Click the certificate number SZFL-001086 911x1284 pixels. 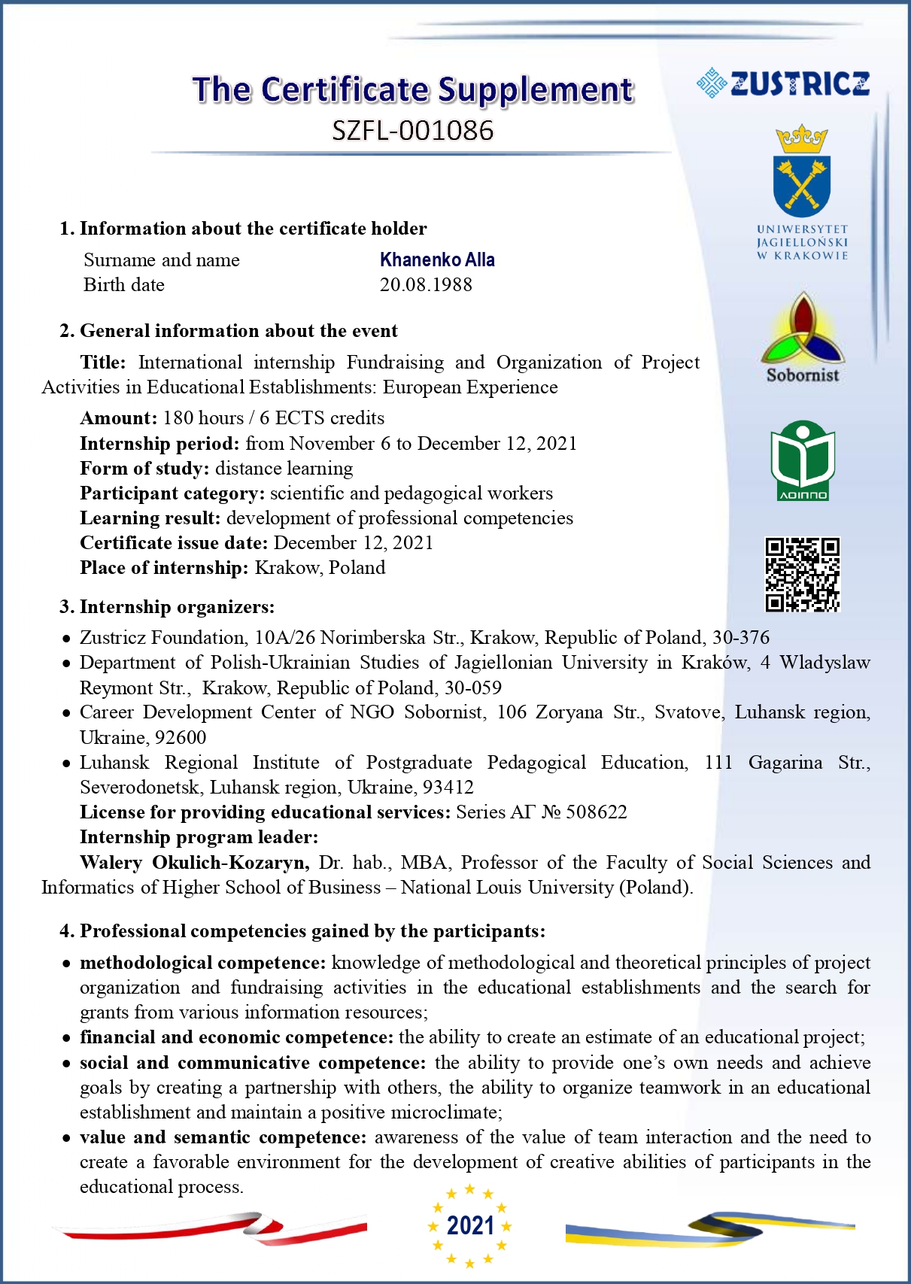(413, 131)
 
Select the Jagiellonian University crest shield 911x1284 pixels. (802, 184)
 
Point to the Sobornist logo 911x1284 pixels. (803, 338)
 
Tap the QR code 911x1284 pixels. (802, 574)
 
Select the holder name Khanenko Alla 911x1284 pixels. (437, 260)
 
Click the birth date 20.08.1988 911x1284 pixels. (426, 285)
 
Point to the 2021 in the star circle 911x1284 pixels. (470, 1226)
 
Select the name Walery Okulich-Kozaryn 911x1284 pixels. (194, 863)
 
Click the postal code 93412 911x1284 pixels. (448, 788)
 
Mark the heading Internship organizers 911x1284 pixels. (177, 607)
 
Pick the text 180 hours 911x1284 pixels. (203, 418)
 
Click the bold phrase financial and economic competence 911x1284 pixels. (236, 1038)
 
